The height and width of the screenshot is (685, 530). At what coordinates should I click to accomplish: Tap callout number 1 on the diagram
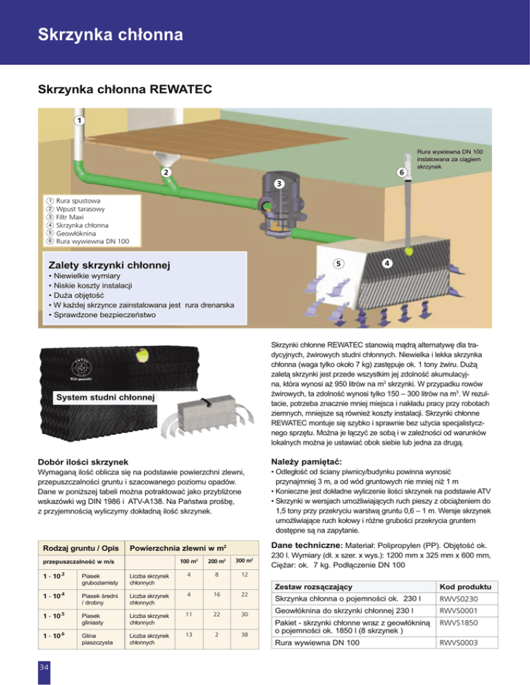coord(80,120)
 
